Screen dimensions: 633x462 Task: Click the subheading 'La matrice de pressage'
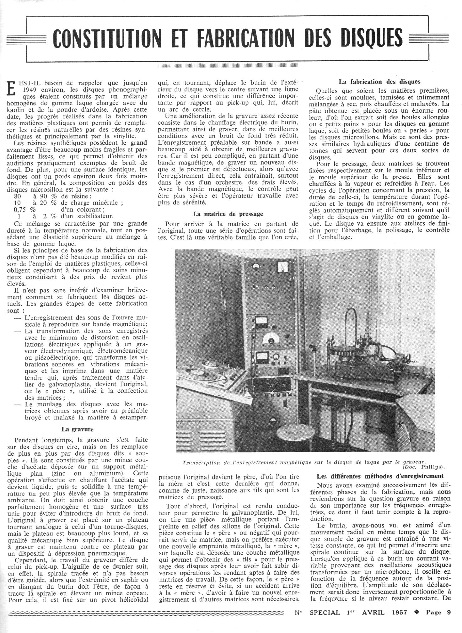point(228,214)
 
